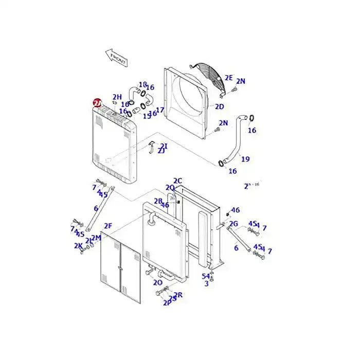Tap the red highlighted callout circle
tap(97, 103)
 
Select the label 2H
tap(117, 97)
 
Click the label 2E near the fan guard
tap(229, 78)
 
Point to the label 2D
tap(219, 107)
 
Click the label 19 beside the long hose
tap(245, 159)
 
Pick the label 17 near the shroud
tap(160, 110)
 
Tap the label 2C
tap(177, 181)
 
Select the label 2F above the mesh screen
tap(108, 225)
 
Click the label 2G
tap(233, 223)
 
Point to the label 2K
tap(78, 246)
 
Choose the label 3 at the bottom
tap(206, 283)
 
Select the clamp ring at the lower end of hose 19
tap(222, 164)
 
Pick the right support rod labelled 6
tap(240, 240)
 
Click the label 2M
tap(96, 238)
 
